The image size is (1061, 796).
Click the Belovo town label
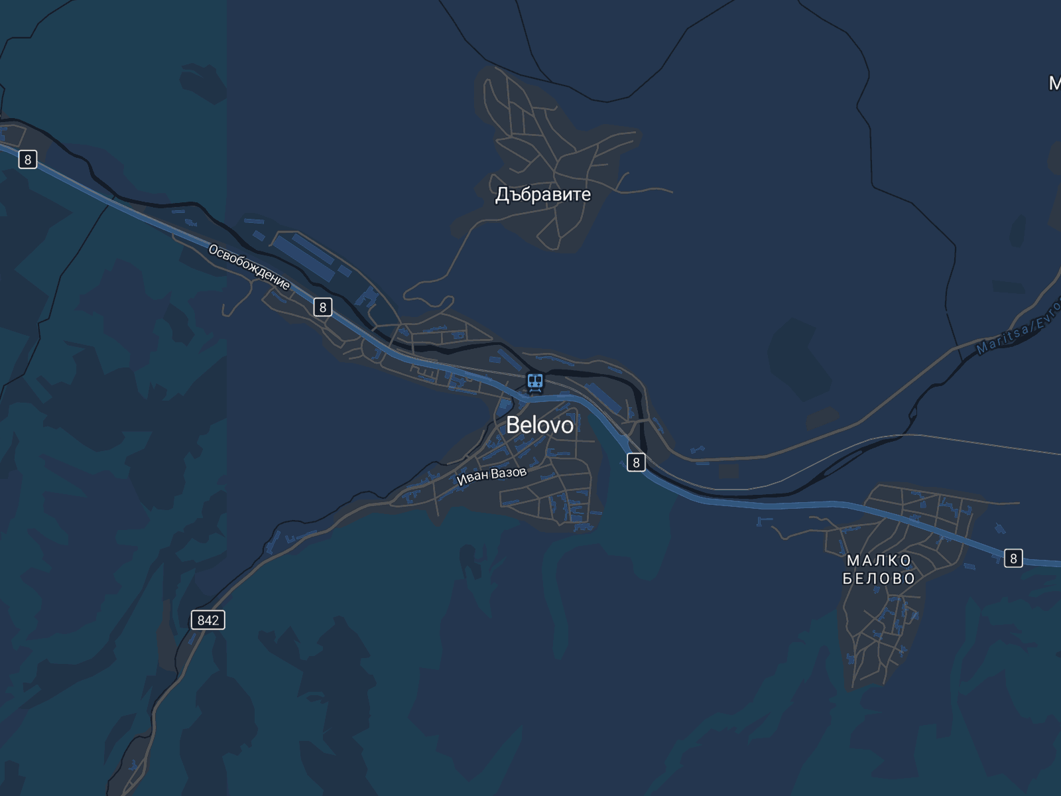click(539, 425)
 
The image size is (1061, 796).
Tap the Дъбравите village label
click(542, 194)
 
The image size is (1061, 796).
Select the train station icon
click(534, 382)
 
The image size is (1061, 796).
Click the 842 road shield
click(208, 620)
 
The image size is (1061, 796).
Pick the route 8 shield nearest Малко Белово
click(1013, 559)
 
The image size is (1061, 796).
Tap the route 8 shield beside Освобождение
click(322, 307)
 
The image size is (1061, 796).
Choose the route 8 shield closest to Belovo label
click(636, 462)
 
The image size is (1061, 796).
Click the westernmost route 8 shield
click(27, 159)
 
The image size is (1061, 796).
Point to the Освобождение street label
click(249, 267)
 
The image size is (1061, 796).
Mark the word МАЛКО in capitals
click(879, 561)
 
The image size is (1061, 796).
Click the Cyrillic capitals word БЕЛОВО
click(879, 578)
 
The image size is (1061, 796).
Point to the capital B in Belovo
click(513, 425)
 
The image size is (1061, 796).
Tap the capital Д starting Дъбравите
click(502, 195)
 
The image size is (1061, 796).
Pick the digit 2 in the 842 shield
click(215, 620)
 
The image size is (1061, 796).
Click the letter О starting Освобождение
click(214, 249)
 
